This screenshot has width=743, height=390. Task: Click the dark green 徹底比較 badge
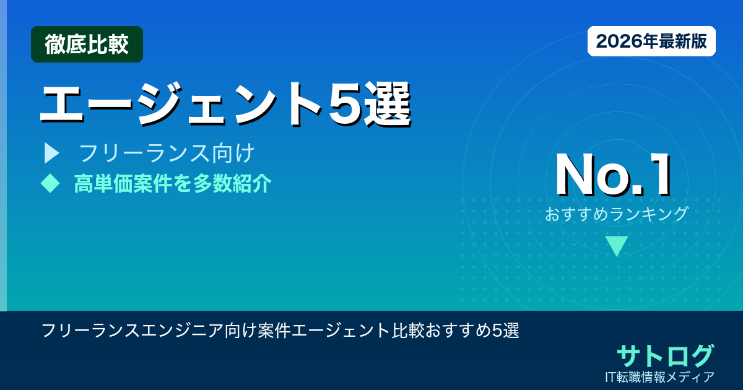click(87, 45)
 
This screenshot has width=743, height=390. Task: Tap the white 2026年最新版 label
click(651, 41)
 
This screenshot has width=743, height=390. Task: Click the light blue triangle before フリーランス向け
click(51, 152)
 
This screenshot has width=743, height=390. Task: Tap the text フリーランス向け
click(167, 152)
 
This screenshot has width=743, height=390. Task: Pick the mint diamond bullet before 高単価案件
click(49, 183)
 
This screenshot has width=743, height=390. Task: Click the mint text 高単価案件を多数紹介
click(172, 183)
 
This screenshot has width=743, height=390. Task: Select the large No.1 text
click(613, 176)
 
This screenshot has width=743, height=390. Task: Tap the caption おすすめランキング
click(616, 214)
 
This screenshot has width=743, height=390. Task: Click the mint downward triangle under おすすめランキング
click(617, 245)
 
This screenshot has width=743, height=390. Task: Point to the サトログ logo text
click(665, 355)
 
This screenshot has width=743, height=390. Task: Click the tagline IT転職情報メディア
click(661, 376)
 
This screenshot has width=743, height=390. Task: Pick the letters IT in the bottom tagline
click(613, 376)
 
